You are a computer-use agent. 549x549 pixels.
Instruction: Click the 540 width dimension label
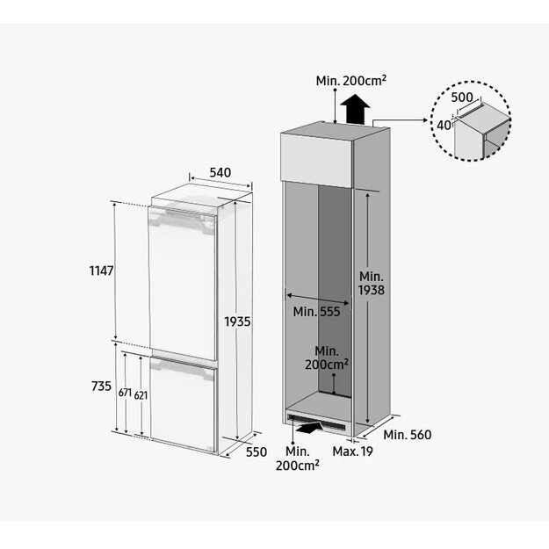[220, 172]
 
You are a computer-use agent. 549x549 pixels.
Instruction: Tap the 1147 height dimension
[102, 271]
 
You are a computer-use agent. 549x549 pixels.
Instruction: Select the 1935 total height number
[237, 321]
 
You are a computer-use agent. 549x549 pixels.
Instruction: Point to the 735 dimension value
[101, 386]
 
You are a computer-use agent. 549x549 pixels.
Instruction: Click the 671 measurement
[125, 393]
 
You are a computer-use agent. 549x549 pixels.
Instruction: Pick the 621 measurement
[141, 395]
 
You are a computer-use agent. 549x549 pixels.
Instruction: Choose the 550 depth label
[256, 452]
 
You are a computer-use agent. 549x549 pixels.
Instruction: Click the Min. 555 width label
[316, 311]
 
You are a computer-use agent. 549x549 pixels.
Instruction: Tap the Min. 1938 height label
[372, 283]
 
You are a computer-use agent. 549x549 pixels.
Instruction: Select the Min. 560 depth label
[408, 435]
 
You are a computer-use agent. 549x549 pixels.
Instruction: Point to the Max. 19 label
[352, 451]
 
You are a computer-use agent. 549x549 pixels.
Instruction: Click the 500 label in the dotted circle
[462, 97]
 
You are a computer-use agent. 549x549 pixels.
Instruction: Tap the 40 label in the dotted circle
[444, 125]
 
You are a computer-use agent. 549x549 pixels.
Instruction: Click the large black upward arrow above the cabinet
[355, 109]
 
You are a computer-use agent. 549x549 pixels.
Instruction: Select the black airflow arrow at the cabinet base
[309, 428]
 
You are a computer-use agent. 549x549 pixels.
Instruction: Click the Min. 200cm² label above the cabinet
[351, 81]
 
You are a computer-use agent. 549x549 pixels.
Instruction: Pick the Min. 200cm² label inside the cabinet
[326, 358]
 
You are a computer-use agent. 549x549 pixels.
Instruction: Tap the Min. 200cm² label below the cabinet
[297, 459]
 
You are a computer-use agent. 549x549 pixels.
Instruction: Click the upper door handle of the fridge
[182, 218]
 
